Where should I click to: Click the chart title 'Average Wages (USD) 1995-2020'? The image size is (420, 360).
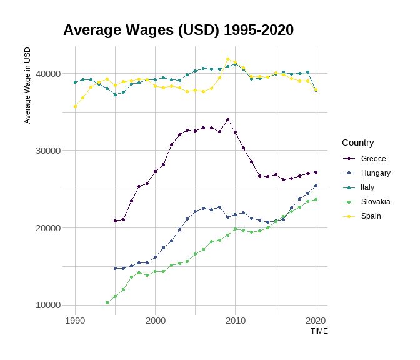[178, 30]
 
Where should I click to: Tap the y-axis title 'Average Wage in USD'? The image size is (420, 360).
[27, 85]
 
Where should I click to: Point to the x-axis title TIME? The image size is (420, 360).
[319, 331]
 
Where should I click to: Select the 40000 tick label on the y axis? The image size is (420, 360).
[47, 74]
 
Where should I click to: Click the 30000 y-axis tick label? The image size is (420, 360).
[47, 151]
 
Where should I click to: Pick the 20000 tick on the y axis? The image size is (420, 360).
[47, 228]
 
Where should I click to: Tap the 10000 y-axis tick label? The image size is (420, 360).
[47, 305]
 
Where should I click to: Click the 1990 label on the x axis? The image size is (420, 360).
[75, 319]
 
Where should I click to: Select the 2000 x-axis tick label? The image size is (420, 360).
[155, 319]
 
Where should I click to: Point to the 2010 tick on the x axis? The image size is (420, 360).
[236, 319]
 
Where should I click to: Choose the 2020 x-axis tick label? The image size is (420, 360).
[316, 319]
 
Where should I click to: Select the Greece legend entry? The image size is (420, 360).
[374, 159]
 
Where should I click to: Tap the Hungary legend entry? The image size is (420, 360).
[376, 173]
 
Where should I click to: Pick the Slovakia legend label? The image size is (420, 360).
[376, 202]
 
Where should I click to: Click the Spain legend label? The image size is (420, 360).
[371, 216]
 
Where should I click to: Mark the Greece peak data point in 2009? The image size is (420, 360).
[227, 119]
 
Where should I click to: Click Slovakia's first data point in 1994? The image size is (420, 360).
[107, 302]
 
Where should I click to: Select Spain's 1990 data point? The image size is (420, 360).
[75, 106]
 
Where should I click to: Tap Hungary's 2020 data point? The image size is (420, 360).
[316, 186]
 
